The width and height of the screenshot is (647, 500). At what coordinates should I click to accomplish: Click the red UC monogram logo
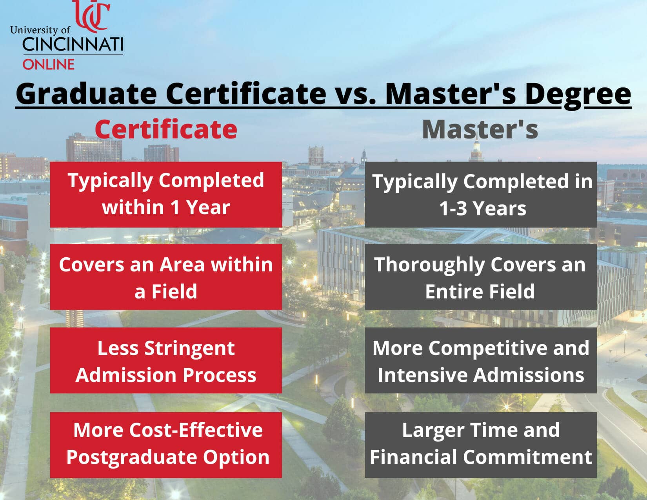click(x=91, y=16)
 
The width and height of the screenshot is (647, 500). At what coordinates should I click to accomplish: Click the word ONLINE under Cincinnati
click(x=48, y=64)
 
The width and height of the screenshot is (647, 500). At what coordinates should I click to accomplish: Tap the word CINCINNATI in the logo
click(x=73, y=45)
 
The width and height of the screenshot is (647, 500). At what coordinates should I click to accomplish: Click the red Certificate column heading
click(x=166, y=129)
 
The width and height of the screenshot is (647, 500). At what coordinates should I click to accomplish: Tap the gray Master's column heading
click(x=480, y=129)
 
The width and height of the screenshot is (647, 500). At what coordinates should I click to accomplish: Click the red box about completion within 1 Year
click(x=166, y=195)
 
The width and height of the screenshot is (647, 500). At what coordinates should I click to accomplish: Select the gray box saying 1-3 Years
click(x=481, y=195)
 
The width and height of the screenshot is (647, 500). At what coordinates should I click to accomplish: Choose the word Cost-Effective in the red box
click(x=196, y=430)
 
